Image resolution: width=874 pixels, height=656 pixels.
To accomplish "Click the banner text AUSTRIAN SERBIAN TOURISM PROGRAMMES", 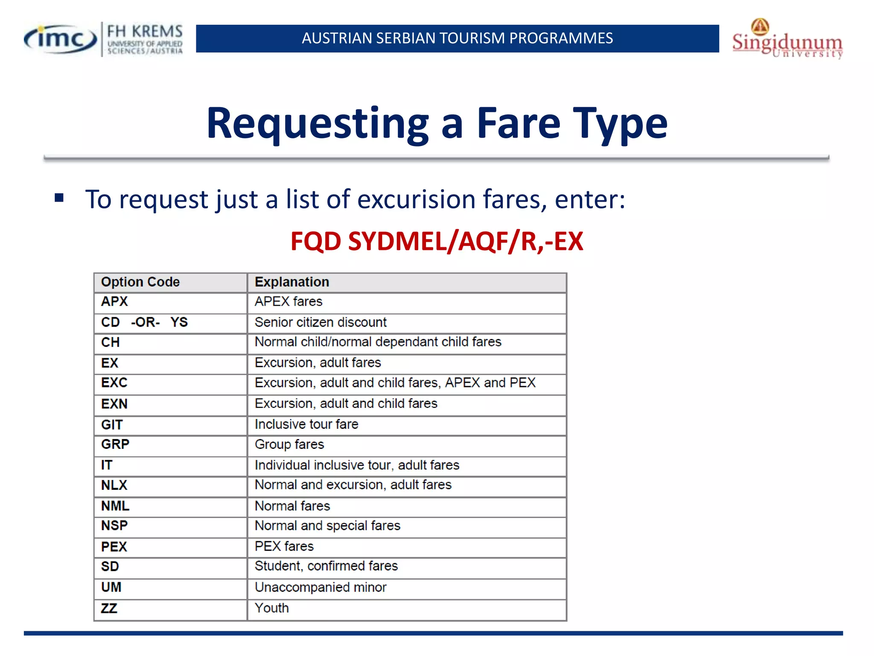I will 457,38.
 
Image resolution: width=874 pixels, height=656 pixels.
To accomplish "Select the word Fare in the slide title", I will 518,124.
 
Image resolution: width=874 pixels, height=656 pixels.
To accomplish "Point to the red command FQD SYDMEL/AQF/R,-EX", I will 437,241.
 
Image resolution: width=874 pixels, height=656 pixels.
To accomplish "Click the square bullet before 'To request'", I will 59,198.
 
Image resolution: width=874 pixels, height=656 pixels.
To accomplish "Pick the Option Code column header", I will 140,282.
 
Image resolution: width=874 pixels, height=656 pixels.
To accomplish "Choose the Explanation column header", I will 292,282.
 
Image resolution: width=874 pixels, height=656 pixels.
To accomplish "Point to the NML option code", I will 115,507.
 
